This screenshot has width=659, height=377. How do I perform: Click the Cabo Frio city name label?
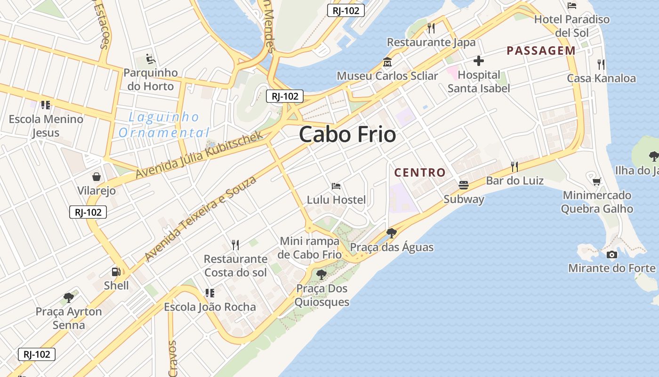[347, 135]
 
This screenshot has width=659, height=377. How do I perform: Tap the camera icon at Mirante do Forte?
[611, 254]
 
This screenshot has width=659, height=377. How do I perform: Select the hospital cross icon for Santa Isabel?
[479, 61]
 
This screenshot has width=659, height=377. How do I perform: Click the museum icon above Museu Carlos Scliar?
[387, 62]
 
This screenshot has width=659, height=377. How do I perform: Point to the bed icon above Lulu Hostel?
[336, 186]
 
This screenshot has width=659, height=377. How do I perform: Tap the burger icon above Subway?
[464, 185]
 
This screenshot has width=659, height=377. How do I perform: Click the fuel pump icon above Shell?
[116, 271]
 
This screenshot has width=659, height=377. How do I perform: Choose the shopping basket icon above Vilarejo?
[96, 177]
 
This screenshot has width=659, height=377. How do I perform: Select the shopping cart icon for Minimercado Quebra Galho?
[596, 181]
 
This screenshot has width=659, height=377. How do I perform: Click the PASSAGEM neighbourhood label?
[541, 51]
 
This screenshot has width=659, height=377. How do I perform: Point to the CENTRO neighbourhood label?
[420, 172]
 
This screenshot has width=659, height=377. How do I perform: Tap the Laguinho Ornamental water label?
[163, 125]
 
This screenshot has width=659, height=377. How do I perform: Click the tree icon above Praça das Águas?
[391, 233]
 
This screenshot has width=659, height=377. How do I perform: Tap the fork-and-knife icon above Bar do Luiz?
[514, 166]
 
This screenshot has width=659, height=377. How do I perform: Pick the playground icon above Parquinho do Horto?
[151, 59]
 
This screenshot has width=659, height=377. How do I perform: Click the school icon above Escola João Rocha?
[210, 293]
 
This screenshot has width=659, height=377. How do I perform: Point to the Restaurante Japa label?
[431, 42]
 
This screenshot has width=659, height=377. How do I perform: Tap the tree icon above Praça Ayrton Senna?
[69, 297]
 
